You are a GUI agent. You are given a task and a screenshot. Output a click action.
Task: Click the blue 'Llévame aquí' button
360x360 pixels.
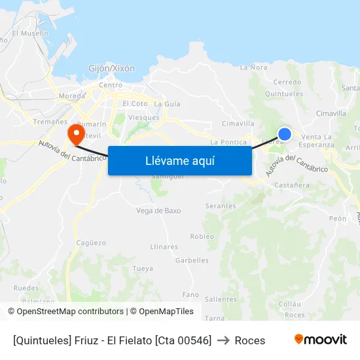click(179, 160)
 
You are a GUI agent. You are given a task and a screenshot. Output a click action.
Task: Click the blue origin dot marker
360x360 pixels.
click(284, 134)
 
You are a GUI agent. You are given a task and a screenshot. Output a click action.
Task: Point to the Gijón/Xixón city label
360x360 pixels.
click(112, 68)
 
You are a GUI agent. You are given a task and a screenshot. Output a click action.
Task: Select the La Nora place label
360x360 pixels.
click(253, 67)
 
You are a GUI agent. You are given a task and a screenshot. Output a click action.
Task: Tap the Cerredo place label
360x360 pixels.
click(287, 82)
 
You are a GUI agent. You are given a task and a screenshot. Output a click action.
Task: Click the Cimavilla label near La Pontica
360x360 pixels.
click(238, 123)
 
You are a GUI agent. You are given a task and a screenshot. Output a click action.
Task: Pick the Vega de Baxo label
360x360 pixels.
click(158, 211)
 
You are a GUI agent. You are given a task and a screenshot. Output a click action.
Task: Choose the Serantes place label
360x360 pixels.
click(221, 206)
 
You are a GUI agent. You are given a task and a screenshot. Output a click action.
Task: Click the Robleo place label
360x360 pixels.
click(202, 236)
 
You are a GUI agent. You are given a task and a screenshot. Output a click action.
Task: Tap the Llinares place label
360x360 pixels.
click(164, 247)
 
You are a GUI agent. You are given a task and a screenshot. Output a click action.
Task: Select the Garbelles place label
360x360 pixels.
click(192, 260)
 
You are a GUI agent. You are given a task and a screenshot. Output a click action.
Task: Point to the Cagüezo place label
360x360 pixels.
click(91, 242)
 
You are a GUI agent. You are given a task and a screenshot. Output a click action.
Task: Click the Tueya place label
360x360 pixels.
click(143, 268)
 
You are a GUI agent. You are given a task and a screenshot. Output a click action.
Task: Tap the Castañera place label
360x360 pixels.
click(292, 185)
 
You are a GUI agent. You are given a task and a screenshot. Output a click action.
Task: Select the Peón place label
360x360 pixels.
click(338, 219)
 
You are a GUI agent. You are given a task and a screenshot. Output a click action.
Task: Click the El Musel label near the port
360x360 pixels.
click(30, 33)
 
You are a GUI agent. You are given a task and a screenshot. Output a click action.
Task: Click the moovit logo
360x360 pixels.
click(321, 340)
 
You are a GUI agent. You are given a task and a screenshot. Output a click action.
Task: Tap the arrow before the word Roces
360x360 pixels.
click(223, 340)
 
